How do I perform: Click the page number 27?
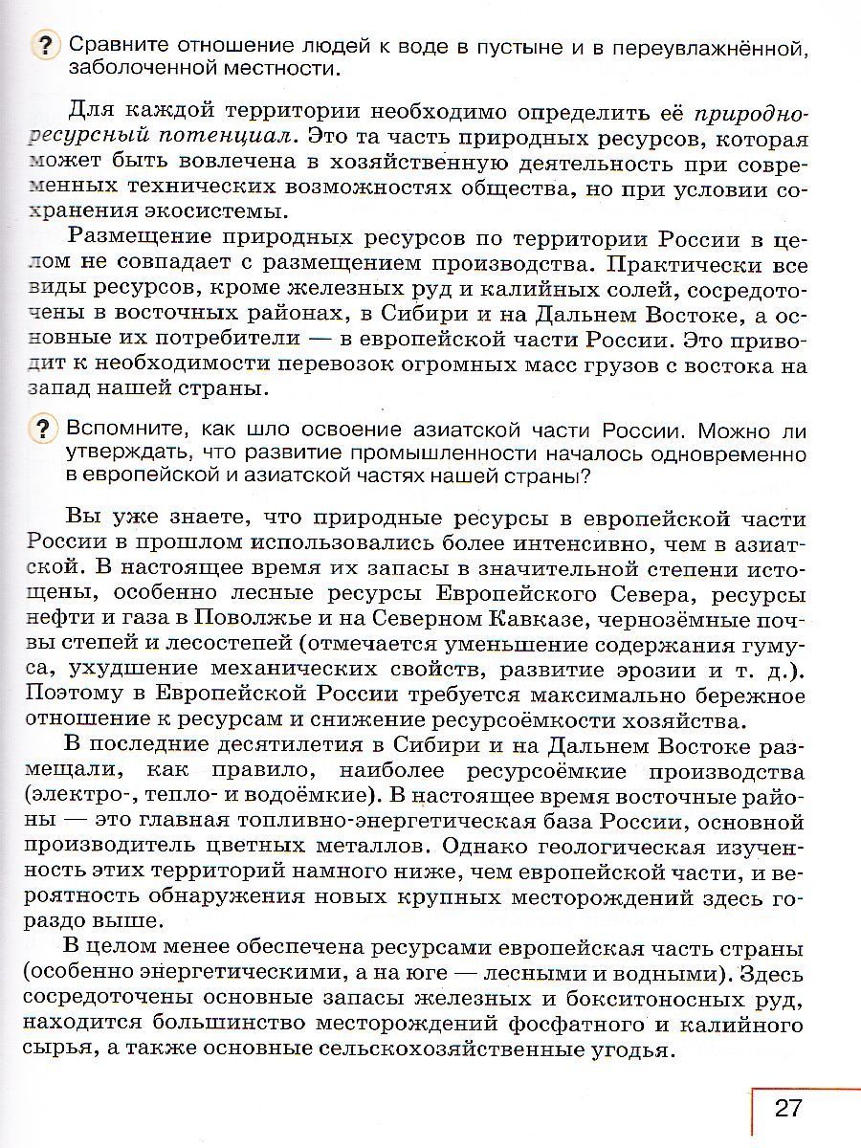786,1109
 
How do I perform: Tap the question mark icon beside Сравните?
45,45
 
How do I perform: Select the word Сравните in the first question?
119,44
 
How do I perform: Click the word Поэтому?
76,693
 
